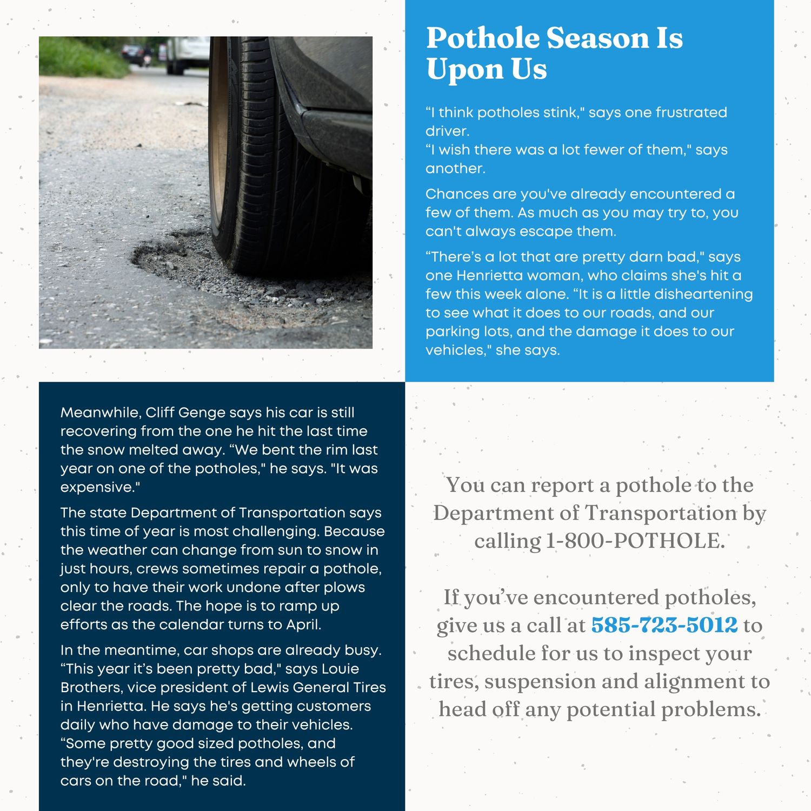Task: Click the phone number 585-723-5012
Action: pos(664,625)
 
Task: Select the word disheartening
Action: pos(703,294)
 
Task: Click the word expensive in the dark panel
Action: pos(97,487)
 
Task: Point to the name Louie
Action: pos(340,669)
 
